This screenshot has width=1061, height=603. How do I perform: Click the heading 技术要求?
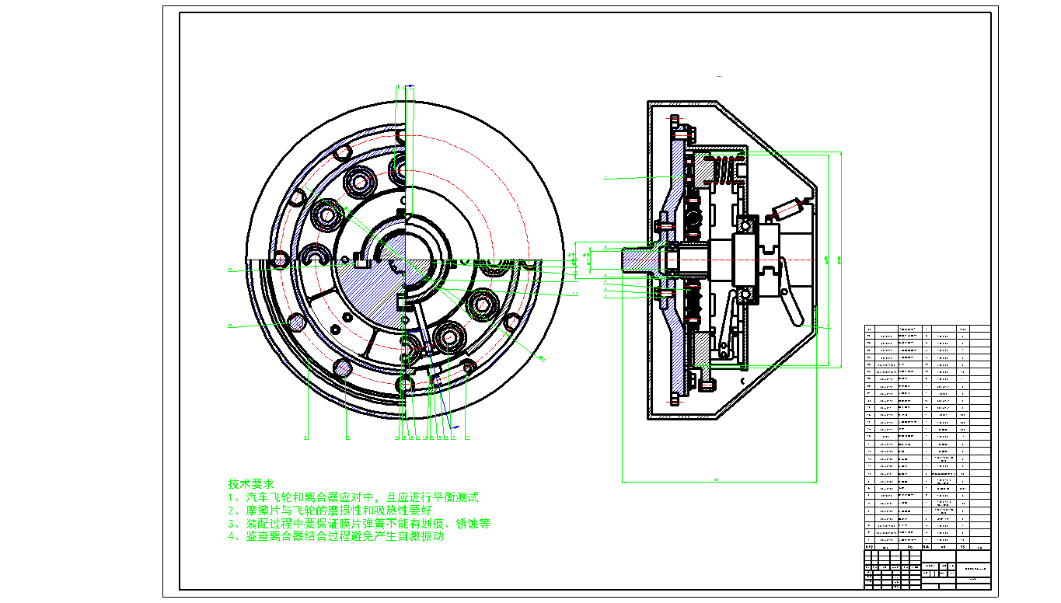click(x=251, y=483)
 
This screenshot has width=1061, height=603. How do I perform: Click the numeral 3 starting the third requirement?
click(x=231, y=524)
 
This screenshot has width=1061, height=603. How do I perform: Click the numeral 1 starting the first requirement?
click(x=231, y=497)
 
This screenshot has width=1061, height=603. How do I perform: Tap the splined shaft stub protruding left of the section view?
click(x=638, y=259)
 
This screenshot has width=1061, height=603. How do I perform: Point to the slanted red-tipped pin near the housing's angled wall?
click(x=787, y=207)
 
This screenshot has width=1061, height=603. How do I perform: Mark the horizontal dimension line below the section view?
click(x=719, y=482)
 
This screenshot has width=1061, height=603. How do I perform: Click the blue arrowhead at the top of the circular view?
click(x=410, y=85)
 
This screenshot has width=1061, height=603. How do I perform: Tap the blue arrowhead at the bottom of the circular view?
click(x=455, y=427)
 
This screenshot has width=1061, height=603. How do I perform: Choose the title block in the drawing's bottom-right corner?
click(x=927, y=567)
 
